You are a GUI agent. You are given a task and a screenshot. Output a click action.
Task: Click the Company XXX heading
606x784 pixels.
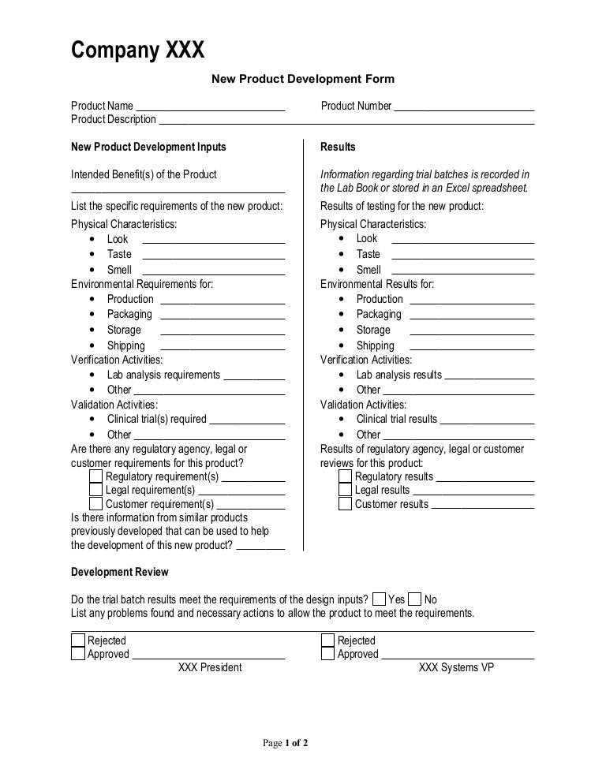coord(138,50)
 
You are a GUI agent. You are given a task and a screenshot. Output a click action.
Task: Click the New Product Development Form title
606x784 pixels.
coord(301,79)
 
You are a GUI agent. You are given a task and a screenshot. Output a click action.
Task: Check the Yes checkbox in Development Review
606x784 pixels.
coord(379,599)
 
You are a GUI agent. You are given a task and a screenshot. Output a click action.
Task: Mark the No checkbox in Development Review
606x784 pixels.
coord(415,599)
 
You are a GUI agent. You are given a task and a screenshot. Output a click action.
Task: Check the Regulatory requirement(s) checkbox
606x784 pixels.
coord(96,476)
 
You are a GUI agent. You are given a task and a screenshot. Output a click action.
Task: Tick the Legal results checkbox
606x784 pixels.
coord(346,490)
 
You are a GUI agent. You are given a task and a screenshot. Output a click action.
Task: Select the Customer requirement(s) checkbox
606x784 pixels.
coord(96,504)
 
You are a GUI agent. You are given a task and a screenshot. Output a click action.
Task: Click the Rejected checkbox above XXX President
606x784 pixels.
coord(78,640)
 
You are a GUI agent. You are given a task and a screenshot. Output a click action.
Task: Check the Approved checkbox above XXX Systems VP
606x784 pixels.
coord(327,654)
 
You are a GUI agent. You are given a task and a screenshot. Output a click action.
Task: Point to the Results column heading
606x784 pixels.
coord(338,147)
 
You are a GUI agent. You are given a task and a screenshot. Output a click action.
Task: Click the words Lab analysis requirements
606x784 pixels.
coord(163,375)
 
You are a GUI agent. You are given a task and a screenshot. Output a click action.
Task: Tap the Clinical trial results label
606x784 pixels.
coord(396,420)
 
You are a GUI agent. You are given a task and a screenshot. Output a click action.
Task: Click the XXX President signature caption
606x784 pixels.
coord(210,667)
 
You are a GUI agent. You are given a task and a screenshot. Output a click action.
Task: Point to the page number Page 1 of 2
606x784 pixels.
coord(285,742)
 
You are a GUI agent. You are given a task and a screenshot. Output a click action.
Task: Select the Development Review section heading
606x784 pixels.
coord(119,572)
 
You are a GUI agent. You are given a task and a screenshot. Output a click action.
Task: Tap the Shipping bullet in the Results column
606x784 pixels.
coord(375,345)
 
